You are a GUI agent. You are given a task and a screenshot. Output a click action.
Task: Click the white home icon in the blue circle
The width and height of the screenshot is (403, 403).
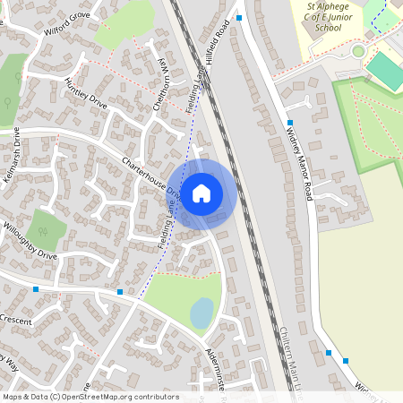click(x=201, y=193)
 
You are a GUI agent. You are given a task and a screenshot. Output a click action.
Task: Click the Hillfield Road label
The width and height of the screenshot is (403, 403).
click(x=227, y=39)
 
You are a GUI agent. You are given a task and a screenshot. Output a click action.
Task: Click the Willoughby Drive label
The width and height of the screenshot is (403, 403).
click(x=29, y=243)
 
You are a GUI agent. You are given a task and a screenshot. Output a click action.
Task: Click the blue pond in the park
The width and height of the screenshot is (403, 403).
click(x=202, y=313)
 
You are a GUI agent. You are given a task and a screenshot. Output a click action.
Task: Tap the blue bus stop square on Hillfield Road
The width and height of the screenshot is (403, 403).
click(x=239, y=17)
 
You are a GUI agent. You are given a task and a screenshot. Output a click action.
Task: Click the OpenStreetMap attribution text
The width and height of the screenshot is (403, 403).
click(x=90, y=397)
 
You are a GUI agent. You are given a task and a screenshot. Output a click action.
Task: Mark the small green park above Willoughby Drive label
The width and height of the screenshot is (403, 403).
click(x=46, y=228)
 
